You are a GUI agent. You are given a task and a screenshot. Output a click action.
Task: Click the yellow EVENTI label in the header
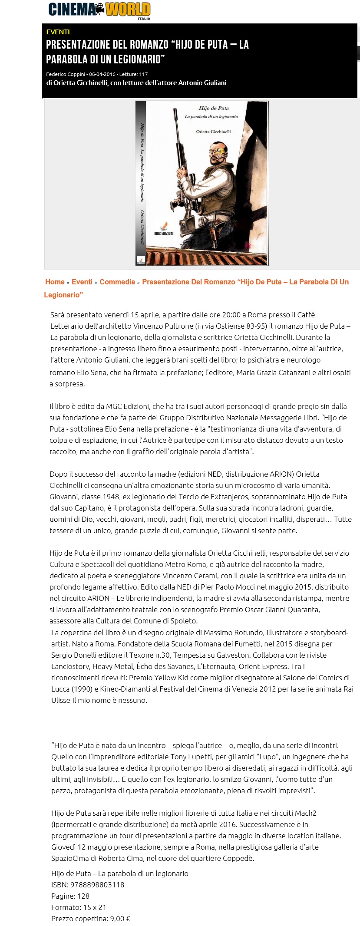58,32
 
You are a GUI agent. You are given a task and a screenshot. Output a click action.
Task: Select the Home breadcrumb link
55,282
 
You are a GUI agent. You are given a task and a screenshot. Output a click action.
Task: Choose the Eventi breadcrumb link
82,282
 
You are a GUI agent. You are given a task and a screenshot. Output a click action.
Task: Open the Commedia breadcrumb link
117,282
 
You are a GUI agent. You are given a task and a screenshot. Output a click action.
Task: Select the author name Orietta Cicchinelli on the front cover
213,131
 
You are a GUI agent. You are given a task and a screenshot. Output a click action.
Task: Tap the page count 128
83,896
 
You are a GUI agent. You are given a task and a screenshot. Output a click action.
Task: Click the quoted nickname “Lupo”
266,756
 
